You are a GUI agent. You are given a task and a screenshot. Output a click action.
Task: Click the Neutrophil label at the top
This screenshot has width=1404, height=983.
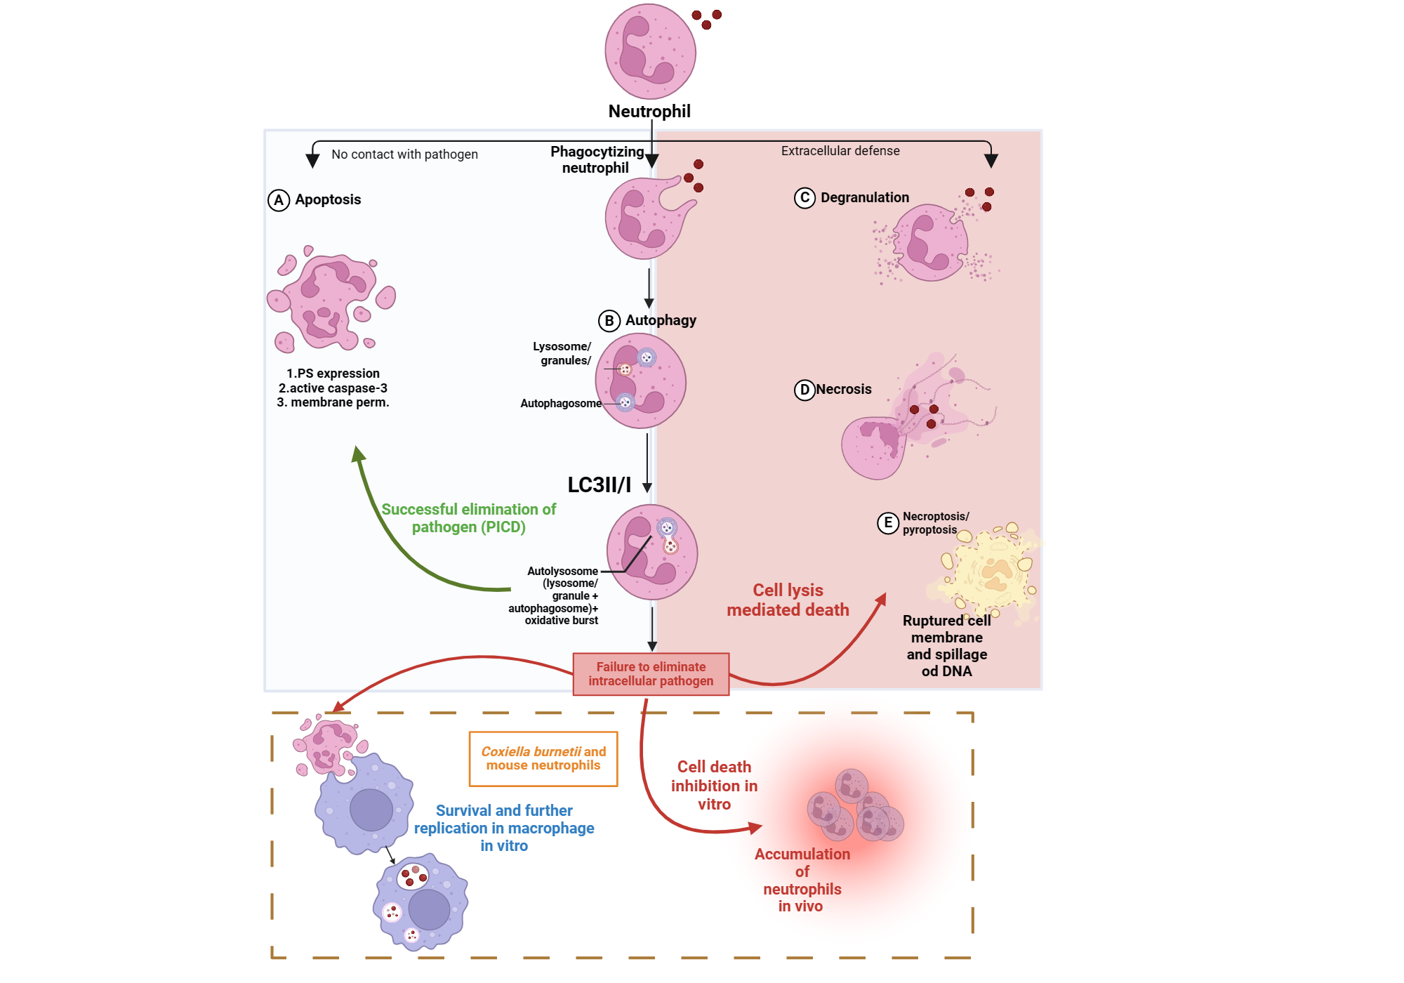pos(649,112)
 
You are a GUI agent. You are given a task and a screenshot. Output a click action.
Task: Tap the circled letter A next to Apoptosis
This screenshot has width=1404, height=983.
pos(279,200)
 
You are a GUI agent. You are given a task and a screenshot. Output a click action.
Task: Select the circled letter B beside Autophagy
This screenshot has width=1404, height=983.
pos(609,321)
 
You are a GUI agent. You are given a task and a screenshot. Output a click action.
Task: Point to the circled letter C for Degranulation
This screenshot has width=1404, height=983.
pos(804,198)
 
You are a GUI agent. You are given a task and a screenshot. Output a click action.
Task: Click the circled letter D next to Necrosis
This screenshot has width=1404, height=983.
pos(804,390)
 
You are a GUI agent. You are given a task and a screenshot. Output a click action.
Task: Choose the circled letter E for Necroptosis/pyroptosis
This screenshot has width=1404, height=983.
pos(888,523)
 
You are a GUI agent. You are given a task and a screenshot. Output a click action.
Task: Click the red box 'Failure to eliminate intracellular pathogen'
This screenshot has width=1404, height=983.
pos(651,674)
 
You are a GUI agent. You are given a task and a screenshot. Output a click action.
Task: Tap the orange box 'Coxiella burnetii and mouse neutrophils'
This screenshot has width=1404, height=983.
pos(543,758)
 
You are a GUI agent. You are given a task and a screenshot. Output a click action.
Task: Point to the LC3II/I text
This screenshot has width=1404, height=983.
pos(599,485)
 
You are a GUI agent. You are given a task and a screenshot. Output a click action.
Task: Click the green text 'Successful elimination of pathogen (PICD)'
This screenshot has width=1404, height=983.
pos(468,518)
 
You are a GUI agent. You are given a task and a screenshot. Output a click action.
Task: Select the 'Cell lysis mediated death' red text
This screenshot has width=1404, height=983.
pos(788,600)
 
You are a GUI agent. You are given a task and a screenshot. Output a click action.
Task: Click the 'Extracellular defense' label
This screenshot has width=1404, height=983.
pos(840,151)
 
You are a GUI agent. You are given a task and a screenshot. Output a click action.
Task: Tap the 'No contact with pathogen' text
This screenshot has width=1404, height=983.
pos(404,154)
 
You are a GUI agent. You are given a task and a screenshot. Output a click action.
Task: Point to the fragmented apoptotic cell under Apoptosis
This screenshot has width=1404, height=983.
pos(330,302)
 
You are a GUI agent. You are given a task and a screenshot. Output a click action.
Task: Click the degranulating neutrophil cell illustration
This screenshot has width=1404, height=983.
pos(930,242)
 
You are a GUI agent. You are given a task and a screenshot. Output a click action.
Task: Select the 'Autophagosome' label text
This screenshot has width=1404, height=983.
pos(560,404)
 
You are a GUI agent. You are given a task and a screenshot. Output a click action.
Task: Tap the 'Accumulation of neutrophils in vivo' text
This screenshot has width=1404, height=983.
pos(802,880)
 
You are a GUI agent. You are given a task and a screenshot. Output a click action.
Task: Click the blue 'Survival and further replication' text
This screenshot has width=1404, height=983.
pos(504,828)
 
